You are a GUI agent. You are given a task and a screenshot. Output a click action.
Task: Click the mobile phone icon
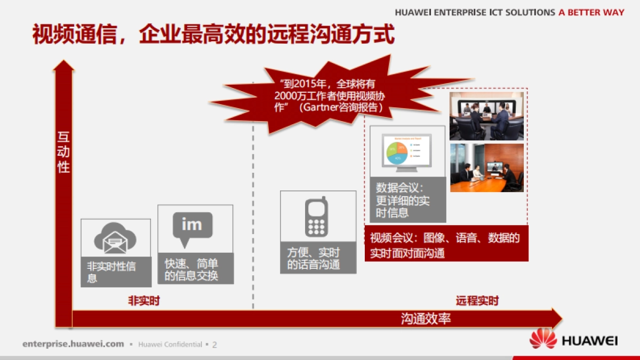coord(316,217)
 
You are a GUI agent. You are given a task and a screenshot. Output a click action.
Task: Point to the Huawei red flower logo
coord(543,340)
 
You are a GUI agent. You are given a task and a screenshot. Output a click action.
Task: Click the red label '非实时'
coord(143,301)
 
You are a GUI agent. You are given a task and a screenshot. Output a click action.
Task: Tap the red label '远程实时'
coord(477,301)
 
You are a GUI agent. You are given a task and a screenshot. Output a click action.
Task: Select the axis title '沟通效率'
coord(426,319)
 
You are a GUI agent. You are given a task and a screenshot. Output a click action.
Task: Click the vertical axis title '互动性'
coord(63,152)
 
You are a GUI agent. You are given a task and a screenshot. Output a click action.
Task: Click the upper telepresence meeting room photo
coord(486,116)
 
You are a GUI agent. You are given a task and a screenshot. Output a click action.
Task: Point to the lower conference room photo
coord(486,167)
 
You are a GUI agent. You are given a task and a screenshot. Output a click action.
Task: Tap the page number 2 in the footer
coord(214,345)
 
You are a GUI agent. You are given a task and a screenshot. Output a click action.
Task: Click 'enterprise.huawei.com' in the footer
coord(73,344)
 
